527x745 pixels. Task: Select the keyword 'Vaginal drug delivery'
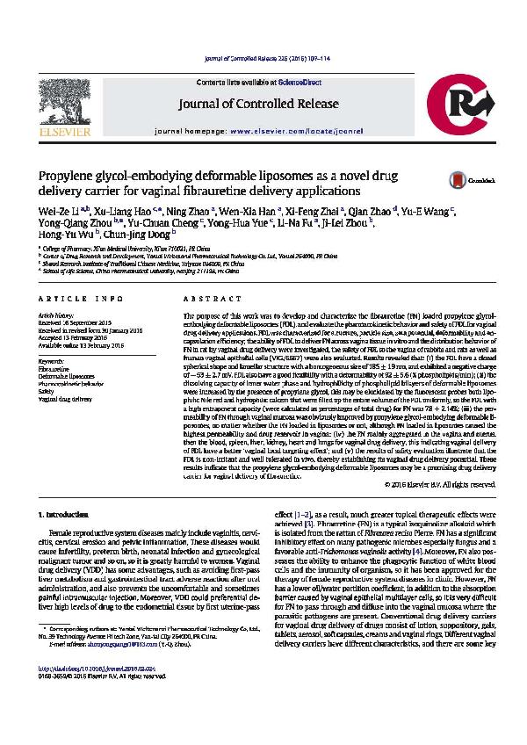point(65,399)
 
